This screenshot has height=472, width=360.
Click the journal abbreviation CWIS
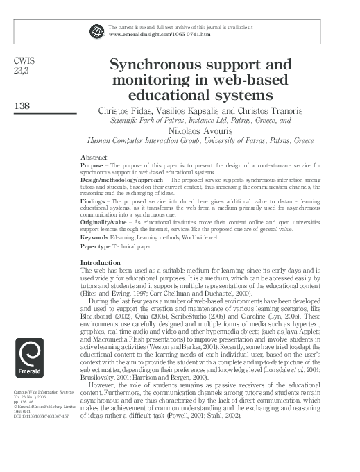(x=24, y=62)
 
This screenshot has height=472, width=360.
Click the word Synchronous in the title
(x=155, y=66)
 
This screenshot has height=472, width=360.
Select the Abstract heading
(x=94, y=158)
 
